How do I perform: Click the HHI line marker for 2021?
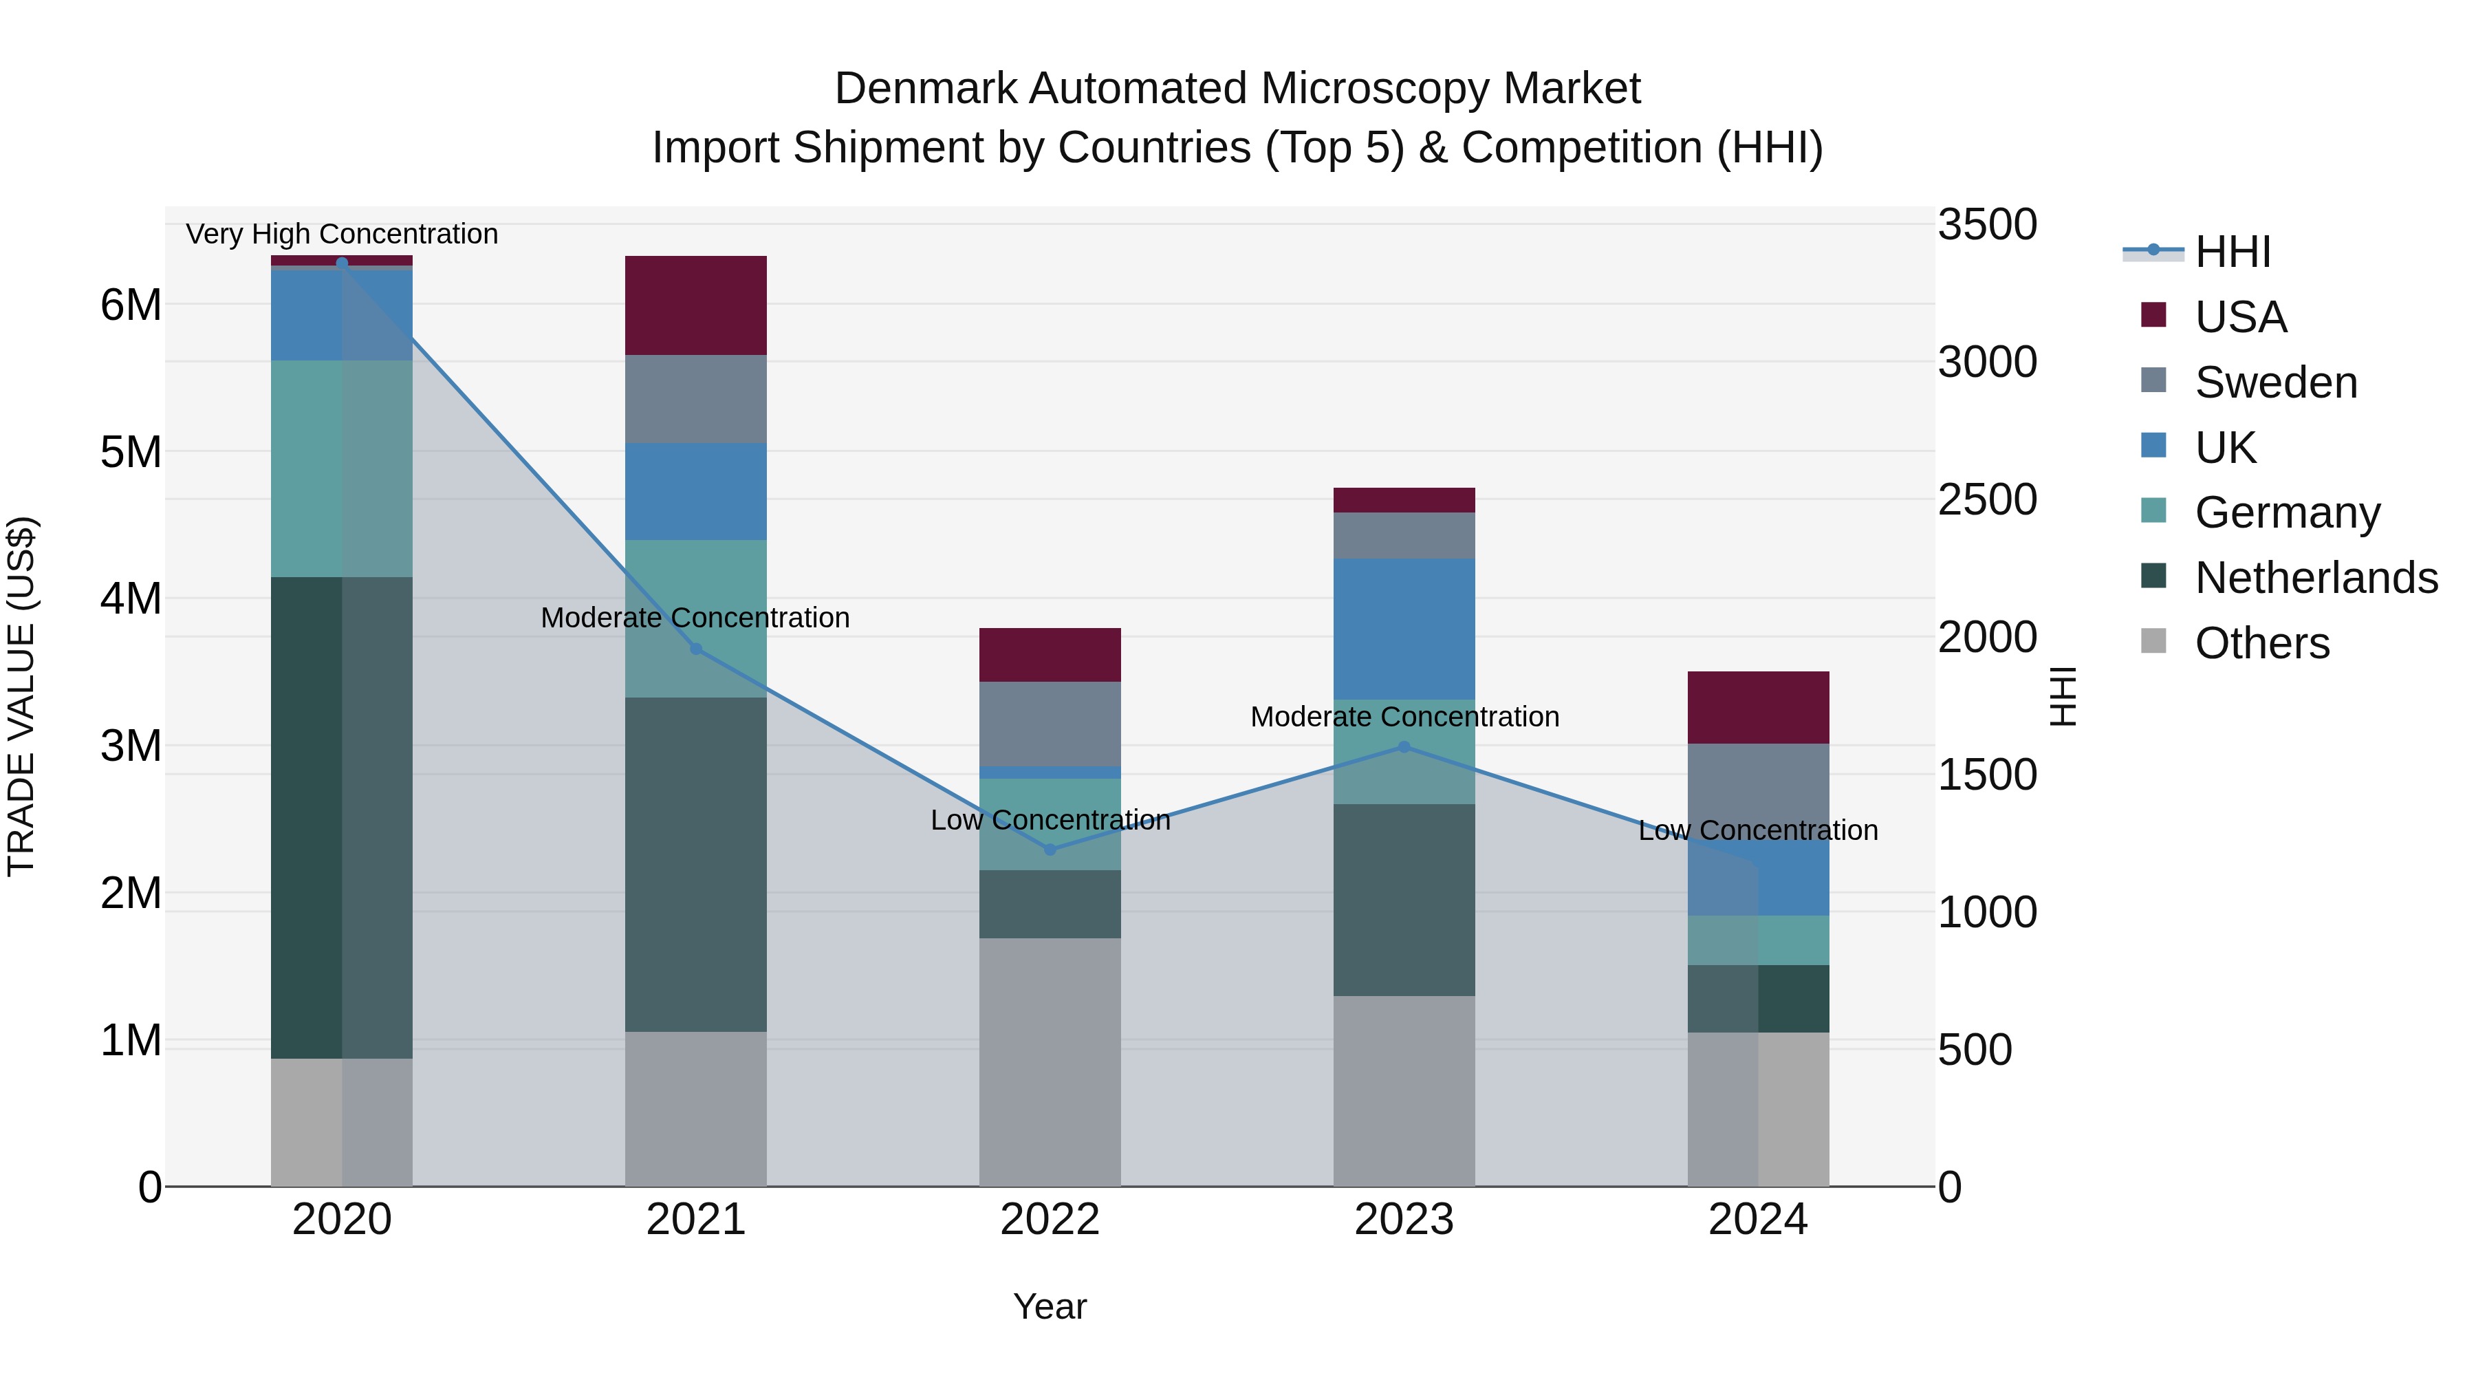point(696,649)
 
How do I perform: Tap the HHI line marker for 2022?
point(1050,850)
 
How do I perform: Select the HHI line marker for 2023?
point(1403,747)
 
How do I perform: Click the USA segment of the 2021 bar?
point(696,305)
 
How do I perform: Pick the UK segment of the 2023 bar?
point(1403,629)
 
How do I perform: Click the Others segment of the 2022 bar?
point(1050,1061)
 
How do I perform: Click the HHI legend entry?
point(2232,252)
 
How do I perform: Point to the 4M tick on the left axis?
point(131,599)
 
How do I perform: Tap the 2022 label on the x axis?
point(1050,1220)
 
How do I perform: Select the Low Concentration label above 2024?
point(1758,830)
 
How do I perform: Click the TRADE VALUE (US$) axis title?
point(21,696)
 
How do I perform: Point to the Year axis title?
point(1050,1306)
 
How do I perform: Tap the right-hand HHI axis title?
point(2063,696)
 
